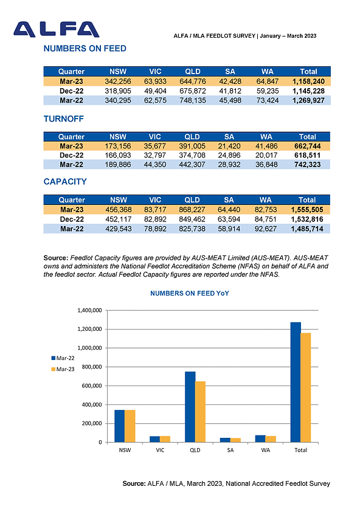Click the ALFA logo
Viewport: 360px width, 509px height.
coord(57,30)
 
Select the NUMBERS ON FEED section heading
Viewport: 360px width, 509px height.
coord(85,49)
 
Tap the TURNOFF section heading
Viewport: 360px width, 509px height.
coord(64,119)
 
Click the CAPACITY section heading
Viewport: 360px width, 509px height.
coord(65,181)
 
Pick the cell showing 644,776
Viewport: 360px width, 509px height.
coord(193,81)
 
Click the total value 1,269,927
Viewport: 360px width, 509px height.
coord(308,100)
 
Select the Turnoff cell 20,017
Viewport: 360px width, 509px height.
coord(266,155)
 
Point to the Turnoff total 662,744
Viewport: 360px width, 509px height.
coord(308,146)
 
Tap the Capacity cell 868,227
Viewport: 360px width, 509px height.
coord(192,210)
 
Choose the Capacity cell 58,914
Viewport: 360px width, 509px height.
coord(229,229)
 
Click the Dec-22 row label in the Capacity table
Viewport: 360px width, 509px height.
coord(72,219)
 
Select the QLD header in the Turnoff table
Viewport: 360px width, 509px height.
coord(192,137)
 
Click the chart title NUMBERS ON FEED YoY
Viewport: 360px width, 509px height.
coord(190,294)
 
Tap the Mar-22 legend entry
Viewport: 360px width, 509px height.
coord(63,358)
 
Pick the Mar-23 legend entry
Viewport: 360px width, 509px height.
coord(63,369)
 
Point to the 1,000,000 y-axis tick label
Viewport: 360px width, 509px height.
coord(89,348)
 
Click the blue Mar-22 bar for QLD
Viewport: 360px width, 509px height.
coord(190,407)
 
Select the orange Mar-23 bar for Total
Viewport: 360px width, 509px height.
coord(306,387)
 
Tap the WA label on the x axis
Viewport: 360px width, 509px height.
coord(266,450)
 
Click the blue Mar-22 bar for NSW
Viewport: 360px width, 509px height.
coord(120,426)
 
